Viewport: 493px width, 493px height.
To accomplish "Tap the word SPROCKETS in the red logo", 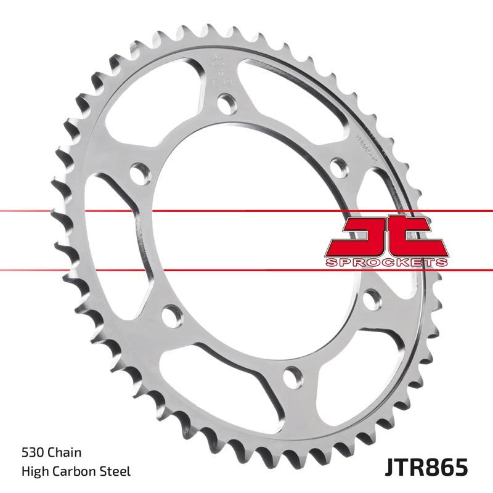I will pos(385,263).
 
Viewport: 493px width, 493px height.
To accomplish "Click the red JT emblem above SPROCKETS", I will pos(385,236).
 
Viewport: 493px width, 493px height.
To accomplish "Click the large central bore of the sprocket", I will pos(246,240).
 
